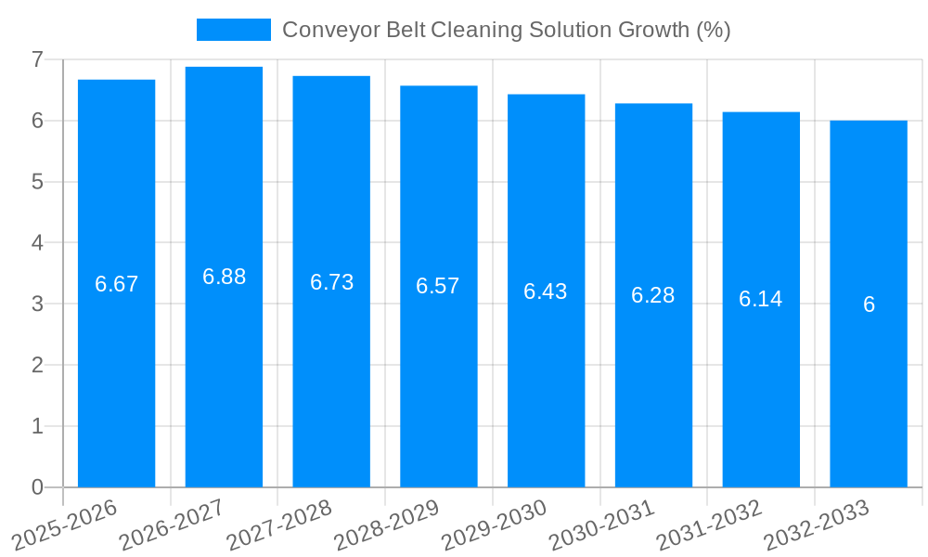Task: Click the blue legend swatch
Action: click(x=233, y=30)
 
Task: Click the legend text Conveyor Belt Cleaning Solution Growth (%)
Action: click(x=506, y=30)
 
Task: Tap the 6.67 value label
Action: click(x=116, y=284)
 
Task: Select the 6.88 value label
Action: click(x=224, y=277)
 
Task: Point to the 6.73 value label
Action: click(x=331, y=282)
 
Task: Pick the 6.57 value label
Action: click(x=438, y=286)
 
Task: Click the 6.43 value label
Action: click(x=546, y=291)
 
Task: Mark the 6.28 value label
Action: click(x=653, y=295)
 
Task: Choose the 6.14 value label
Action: click(x=761, y=299)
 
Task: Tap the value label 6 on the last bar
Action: click(x=869, y=304)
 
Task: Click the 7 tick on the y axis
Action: click(x=37, y=59)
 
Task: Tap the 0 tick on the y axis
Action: click(x=37, y=487)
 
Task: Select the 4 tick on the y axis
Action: click(x=37, y=243)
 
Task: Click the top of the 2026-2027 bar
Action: click(x=224, y=68)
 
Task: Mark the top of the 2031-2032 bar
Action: click(x=761, y=113)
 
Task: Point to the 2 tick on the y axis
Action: click(x=37, y=365)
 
